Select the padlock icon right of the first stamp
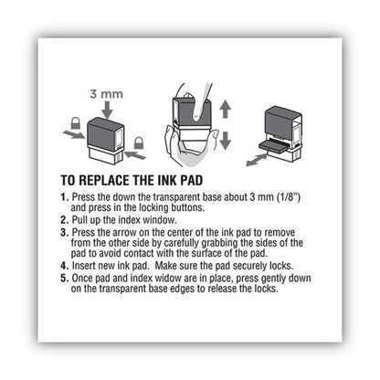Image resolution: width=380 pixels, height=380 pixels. pos(140,143)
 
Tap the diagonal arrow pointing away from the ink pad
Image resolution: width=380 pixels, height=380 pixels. pos(261,157)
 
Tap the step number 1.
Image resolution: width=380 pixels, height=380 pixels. pos(90,196)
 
